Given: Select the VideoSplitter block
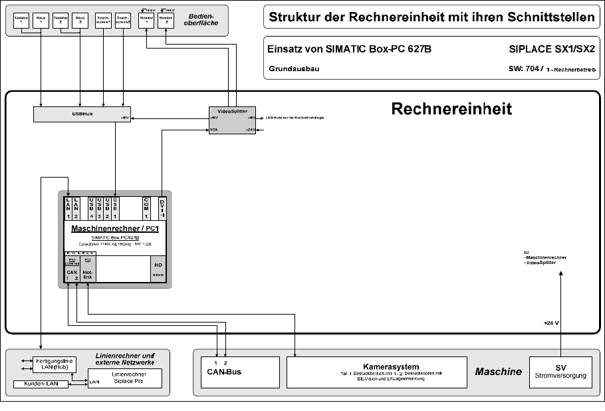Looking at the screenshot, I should pos(232,120).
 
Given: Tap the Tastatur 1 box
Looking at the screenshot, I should pos(22,20).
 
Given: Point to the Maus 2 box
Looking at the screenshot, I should pos(80,20).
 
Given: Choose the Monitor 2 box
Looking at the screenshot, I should pos(166,20).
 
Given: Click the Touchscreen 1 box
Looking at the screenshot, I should pos(104,20).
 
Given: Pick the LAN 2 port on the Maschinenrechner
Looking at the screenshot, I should pos(77,207).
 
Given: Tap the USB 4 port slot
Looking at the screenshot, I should pos(92,207).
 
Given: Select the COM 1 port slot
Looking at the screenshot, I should pos(146,207).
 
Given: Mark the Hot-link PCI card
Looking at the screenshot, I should pos(88,269).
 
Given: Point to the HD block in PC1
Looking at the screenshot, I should pos(158,269).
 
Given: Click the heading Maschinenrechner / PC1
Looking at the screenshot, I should pos(114,229).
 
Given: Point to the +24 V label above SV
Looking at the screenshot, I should pos(551,323).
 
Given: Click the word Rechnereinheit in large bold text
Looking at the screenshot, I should pos(451,109).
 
